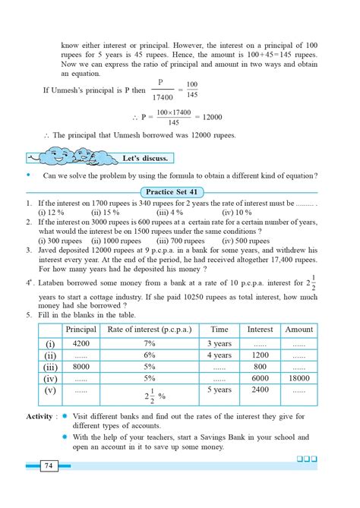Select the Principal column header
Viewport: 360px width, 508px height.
pos(81,330)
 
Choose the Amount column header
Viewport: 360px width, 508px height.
pos(298,330)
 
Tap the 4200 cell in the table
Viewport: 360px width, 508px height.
pos(81,344)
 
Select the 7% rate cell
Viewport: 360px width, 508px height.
pos(149,344)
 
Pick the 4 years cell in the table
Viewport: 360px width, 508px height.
pos(219,355)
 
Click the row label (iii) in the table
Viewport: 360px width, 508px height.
pos(50,367)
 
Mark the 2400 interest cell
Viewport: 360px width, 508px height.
pos(261,390)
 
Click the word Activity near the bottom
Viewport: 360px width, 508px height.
pos(39,417)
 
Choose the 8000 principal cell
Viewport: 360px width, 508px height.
pos(81,367)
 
